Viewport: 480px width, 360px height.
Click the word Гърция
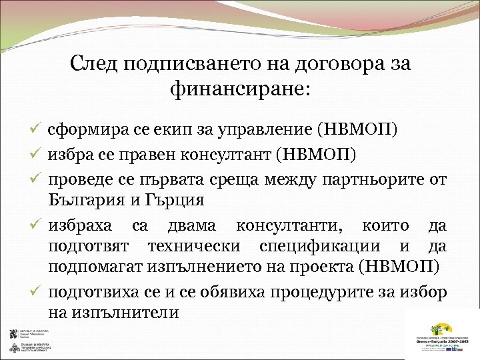click(x=175, y=200)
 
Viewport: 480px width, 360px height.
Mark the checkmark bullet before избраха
click(x=38, y=227)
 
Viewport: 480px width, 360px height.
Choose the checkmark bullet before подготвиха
click(x=38, y=291)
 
